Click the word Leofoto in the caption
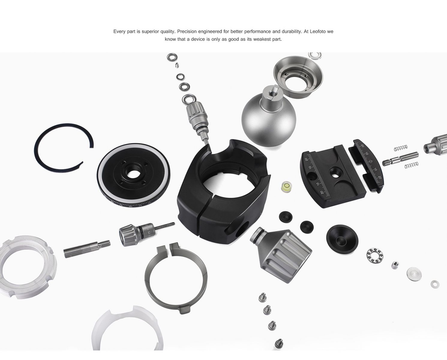point(318,31)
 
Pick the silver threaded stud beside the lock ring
point(87,249)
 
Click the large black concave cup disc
point(342,239)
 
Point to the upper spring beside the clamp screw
point(401,148)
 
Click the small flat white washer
point(435,284)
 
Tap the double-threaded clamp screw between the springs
point(400,158)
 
